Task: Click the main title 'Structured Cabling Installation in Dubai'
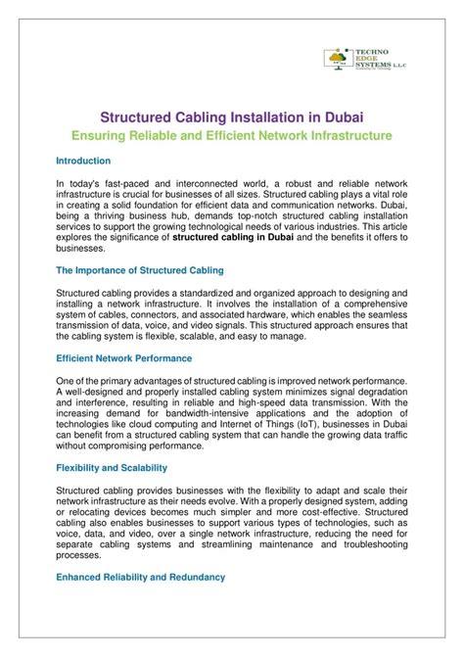tap(231, 116)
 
